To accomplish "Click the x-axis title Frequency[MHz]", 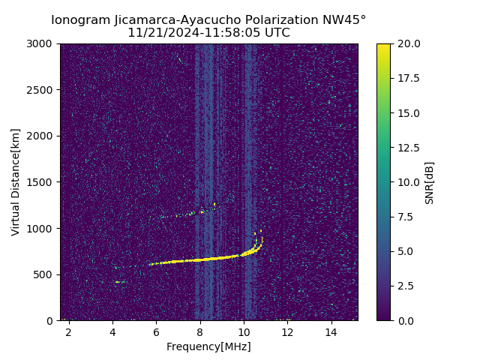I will pos(208,346).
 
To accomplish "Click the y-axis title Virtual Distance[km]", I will pos(16,182).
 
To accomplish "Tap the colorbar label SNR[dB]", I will pos(430,182).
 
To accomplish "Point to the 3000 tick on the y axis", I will pos(42,44).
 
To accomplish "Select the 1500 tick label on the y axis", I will pos(42,182).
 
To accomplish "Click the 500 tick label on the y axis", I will pos(45,274).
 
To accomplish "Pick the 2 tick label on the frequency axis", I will pos(69,331).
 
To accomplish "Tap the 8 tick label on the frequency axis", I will pos(200,331).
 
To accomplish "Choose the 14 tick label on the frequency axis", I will pos(331,331).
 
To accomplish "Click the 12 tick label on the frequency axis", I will pos(287,331).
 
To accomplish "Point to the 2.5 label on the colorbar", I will pos(405,286).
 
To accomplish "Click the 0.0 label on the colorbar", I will pos(405,320).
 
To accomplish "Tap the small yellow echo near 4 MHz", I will pos(118,282).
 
